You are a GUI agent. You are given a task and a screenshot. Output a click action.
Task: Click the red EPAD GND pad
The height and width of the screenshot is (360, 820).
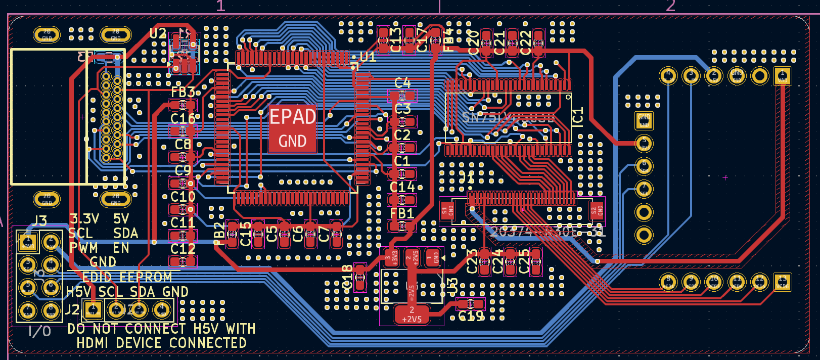[x=293, y=128]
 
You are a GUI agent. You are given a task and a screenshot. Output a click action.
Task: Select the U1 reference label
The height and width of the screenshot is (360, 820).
[x=368, y=57]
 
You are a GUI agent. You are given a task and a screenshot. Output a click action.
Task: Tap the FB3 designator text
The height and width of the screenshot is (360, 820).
[x=183, y=92]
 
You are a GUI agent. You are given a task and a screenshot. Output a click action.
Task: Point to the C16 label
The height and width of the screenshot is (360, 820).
[x=183, y=119]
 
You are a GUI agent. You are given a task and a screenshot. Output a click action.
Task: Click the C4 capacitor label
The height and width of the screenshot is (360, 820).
[x=402, y=82]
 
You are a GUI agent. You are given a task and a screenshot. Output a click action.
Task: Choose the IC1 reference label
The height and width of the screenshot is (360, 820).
[x=578, y=117]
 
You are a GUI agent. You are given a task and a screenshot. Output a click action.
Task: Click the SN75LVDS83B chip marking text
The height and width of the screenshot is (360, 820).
[x=508, y=118]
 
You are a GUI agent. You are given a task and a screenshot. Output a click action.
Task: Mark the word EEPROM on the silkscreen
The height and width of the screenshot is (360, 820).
[x=146, y=277]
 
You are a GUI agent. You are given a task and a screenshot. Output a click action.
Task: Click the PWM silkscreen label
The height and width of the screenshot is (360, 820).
[x=84, y=248]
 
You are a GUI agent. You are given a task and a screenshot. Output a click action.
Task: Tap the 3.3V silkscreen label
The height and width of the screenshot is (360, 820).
[x=84, y=219]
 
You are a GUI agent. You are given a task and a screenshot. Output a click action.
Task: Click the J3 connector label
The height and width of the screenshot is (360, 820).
[x=40, y=221]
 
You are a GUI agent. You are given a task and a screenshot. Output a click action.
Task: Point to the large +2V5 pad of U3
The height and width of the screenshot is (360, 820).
[x=412, y=314]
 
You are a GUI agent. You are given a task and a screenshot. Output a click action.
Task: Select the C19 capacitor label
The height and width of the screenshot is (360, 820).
[x=471, y=317]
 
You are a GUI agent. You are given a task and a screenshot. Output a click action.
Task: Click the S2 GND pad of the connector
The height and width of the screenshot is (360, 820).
[x=597, y=210]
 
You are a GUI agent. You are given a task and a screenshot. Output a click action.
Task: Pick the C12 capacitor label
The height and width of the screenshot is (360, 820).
[x=183, y=249]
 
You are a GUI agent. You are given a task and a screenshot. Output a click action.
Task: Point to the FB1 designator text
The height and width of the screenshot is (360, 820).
[x=402, y=213]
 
